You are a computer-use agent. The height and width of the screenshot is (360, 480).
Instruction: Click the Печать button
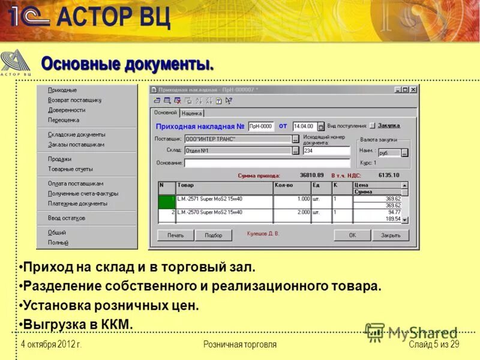pyautogui.click(x=176, y=235)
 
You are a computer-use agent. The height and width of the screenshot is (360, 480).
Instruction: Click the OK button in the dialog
pyautogui.click(x=352, y=235)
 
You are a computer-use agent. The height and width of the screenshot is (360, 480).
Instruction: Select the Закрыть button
pyautogui.click(x=391, y=235)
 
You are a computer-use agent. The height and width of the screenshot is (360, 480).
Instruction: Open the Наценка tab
pyautogui.click(x=192, y=113)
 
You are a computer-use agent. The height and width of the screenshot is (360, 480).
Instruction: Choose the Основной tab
pyautogui.click(x=165, y=112)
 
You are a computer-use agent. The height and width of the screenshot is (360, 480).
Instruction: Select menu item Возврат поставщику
pyautogui.click(x=74, y=100)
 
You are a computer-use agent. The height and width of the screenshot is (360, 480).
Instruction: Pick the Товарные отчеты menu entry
pyautogui.click(x=70, y=169)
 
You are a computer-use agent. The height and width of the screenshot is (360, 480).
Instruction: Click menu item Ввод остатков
pyautogui.click(x=67, y=218)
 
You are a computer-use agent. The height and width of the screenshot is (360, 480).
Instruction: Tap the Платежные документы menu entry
pyautogui.click(x=77, y=203)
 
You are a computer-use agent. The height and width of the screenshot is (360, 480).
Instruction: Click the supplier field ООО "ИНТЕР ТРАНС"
pyautogui.click(x=238, y=139)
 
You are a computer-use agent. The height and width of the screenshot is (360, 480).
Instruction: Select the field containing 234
pyautogui.click(x=326, y=151)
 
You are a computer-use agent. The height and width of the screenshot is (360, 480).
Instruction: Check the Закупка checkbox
pyautogui.click(x=372, y=126)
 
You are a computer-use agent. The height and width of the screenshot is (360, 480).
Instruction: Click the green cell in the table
pyautogui.click(x=167, y=202)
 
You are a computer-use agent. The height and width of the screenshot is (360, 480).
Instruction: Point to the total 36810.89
pyautogui.click(x=312, y=175)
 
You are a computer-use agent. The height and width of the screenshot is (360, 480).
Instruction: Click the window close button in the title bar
pyautogui.click(x=413, y=90)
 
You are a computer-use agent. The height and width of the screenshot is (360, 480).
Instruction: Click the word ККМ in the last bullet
pyautogui.click(x=118, y=325)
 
